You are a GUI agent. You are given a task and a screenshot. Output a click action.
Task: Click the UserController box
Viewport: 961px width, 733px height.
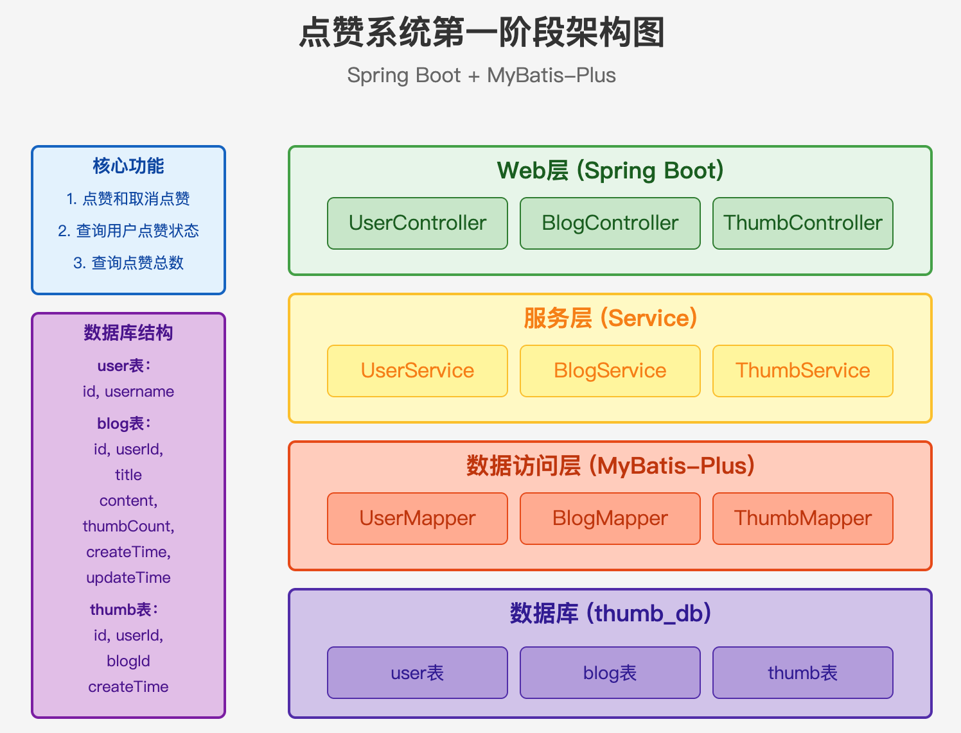click(418, 223)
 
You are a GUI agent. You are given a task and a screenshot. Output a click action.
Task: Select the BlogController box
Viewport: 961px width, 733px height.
click(610, 223)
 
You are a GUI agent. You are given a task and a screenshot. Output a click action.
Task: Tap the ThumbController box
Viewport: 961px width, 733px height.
click(802, 223)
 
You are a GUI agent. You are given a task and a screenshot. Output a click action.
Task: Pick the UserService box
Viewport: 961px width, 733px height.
click(418, 371)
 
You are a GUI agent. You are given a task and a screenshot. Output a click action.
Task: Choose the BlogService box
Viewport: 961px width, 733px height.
click(610, 371)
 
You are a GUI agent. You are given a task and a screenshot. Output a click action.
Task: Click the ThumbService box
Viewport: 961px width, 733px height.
click(802, 371)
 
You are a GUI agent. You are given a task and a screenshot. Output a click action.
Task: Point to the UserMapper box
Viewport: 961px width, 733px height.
click(418, 518)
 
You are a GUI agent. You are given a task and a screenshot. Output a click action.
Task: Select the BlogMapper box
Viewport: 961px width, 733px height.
click(610, 518)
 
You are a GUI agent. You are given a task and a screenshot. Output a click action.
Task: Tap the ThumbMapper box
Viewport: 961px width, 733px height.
click(802, 518)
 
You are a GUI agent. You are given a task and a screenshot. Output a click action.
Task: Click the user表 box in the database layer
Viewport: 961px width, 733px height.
click(418, 673)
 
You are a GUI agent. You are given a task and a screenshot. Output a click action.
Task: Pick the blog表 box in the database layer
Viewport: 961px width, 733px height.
click(610, 673)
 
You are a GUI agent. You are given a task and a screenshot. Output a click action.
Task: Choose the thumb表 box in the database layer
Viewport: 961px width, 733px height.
click(802, 673)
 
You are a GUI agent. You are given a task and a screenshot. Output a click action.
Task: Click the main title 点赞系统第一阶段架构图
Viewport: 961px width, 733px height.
click(482, 32)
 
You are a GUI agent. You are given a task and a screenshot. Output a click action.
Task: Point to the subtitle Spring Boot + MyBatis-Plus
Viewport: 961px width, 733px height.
click(482, 75)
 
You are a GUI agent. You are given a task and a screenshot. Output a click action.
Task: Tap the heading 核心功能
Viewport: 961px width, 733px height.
click(128, 166)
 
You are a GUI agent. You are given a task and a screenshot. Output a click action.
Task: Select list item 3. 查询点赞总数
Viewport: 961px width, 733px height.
click(128, 263)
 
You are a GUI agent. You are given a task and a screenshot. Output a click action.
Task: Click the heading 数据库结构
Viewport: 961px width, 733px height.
click(128, 333)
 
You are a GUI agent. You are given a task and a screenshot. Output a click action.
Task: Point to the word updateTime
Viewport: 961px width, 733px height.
click(128, 578)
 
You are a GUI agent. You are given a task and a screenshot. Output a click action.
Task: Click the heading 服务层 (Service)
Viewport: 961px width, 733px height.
click(610, 318)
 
